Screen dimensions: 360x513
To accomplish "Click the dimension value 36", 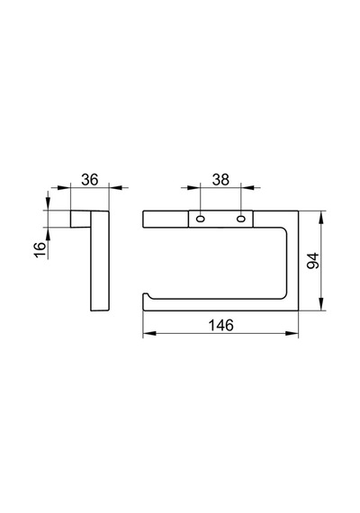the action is point(90,180).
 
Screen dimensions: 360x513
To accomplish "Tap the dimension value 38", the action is point(220,180).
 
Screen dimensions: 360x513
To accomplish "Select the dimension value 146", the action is point(220,325).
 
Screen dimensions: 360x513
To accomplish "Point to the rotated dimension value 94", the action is point(312,260).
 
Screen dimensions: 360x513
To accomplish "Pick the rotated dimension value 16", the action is point(40,250).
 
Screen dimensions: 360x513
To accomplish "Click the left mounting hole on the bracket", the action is point(200,218).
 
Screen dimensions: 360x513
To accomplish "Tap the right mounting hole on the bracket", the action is point(241,218).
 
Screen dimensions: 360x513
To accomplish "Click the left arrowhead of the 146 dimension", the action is point(148,333).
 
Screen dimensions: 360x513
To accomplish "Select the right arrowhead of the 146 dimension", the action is point(292,333).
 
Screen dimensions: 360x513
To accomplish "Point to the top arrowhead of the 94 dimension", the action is point(321,217).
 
